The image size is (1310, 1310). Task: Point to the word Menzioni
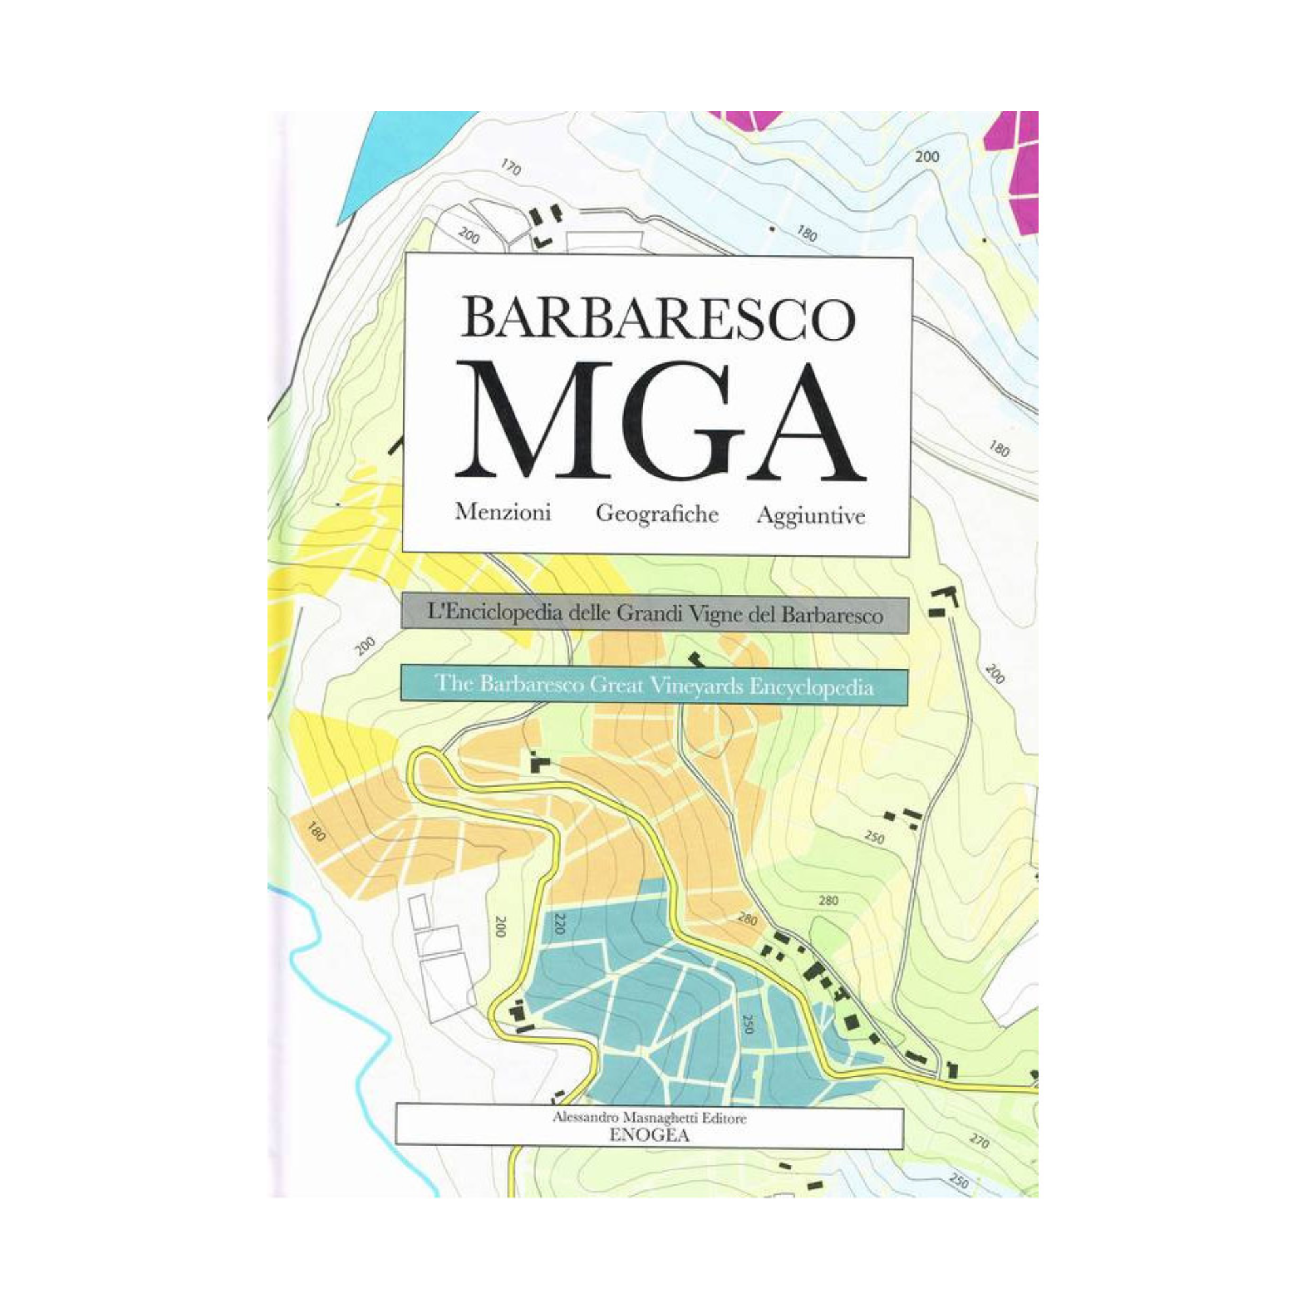(x=503, y=512)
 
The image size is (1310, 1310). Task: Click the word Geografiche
(x=657, y=514)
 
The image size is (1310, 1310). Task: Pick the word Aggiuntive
(x=811, y=515)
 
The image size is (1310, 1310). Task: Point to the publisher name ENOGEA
(x=650, y=1137)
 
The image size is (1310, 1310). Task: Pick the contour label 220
(x=559, y=924)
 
